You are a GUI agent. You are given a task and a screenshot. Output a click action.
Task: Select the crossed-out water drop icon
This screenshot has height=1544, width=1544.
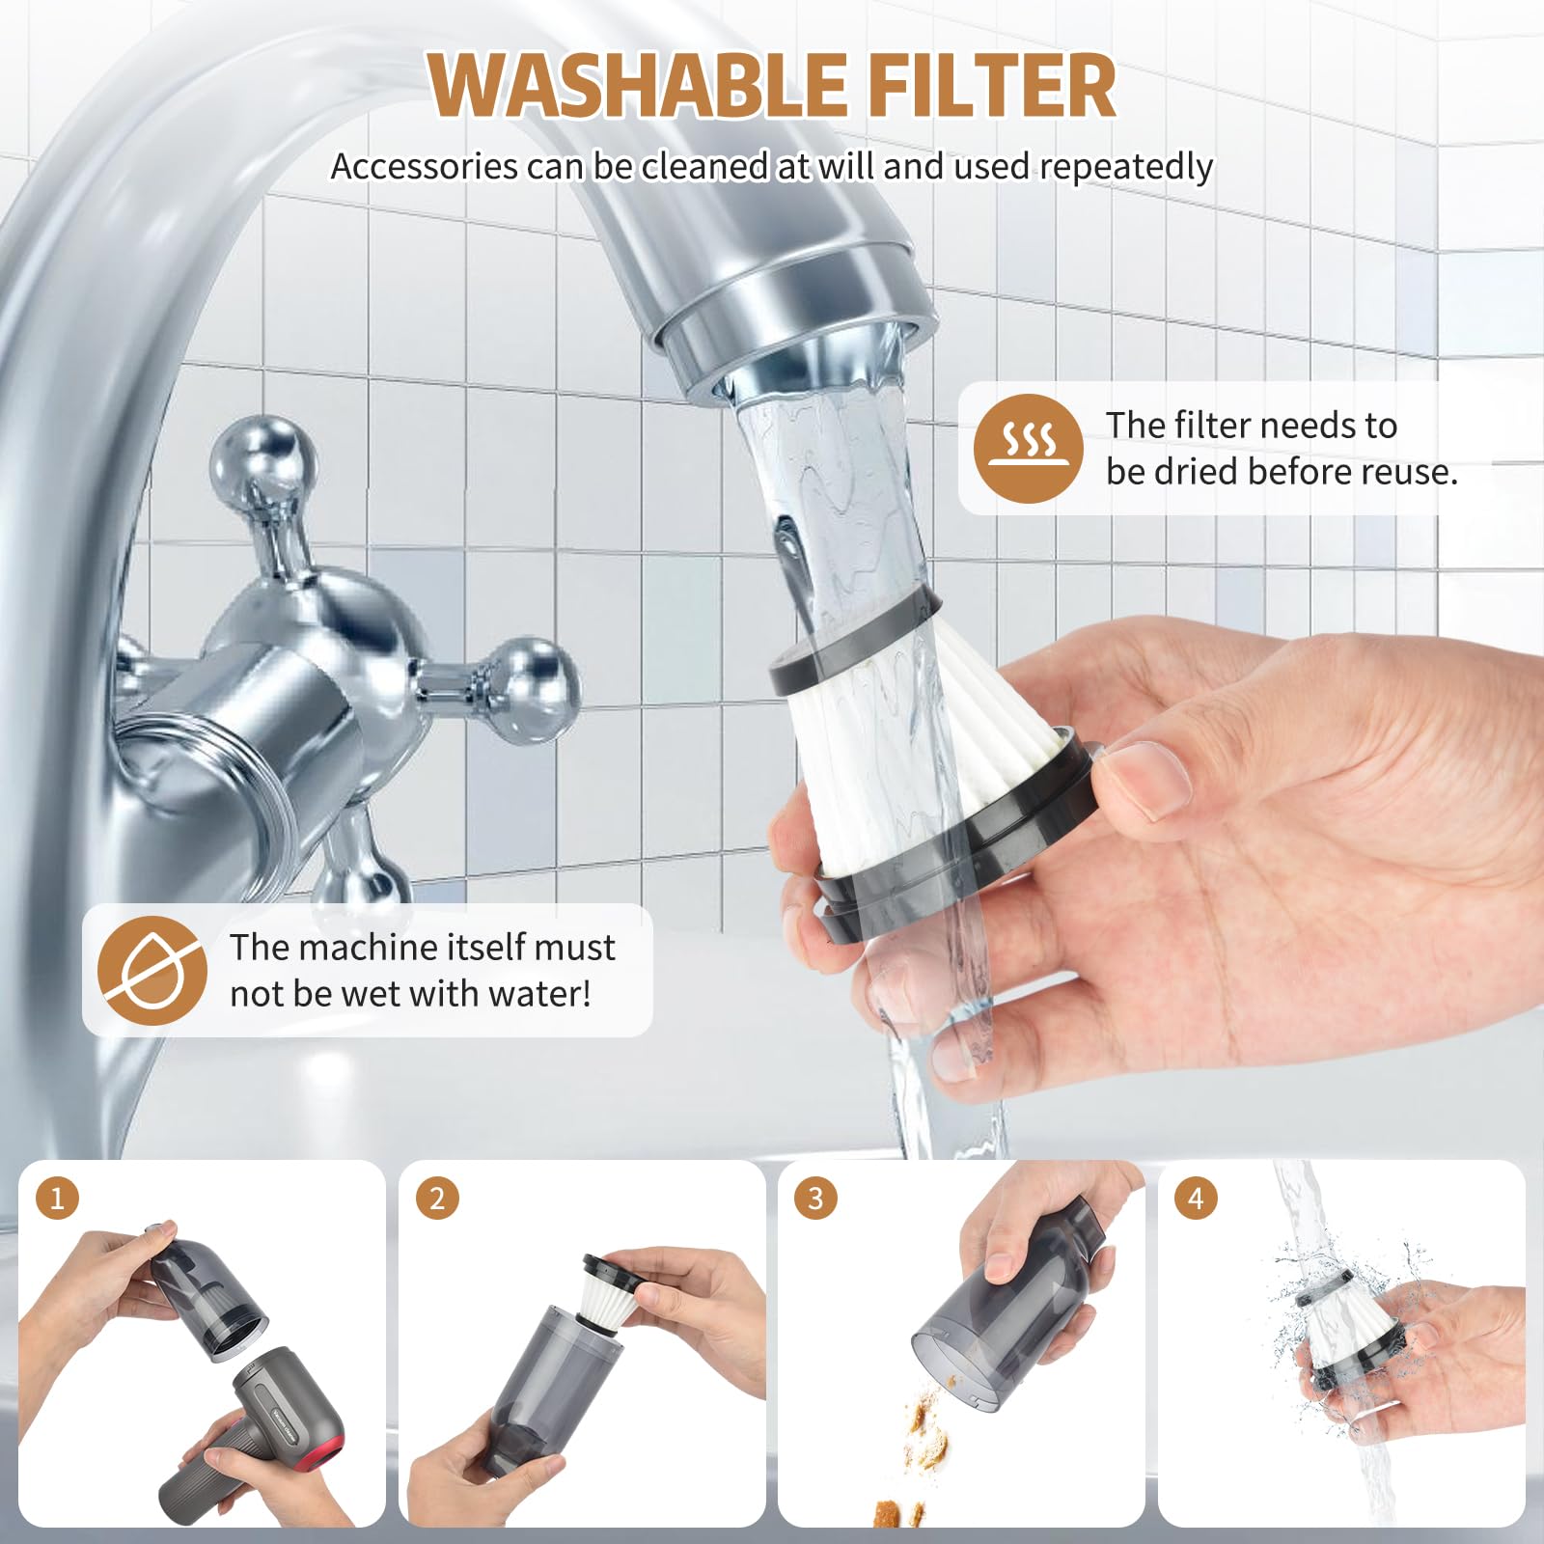click(152, 970)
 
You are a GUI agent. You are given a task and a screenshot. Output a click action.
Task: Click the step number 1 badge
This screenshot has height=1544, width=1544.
click(57, 1199)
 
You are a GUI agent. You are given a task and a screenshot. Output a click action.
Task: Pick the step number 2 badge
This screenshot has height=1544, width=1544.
click(437, 1199)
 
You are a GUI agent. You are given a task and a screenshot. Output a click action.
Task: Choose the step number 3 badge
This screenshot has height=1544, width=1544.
click(815, 1199)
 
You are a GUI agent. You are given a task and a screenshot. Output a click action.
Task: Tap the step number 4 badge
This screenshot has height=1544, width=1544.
click(1196, 1199)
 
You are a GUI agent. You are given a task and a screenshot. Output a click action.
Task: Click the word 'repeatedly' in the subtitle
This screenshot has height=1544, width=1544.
click(1126, 168)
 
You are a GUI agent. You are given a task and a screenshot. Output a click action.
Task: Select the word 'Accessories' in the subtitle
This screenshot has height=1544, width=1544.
click(424, 167)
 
